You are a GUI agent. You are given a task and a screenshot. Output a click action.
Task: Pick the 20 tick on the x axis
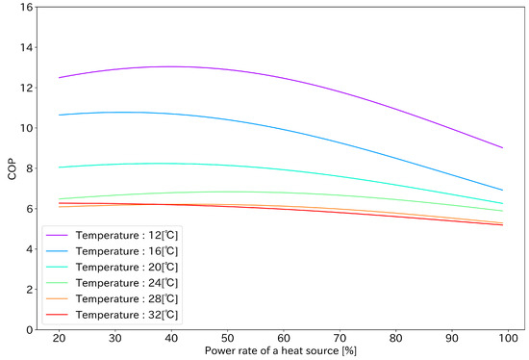tap(60, 340)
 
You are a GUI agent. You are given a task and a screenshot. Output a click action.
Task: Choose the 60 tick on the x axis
tap(284, 340)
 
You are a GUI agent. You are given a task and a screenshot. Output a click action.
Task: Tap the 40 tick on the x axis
tap(172, 340)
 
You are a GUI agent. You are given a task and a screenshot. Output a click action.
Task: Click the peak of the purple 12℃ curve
tap(172, 66)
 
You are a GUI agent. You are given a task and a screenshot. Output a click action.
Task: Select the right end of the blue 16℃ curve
tap(503, 190)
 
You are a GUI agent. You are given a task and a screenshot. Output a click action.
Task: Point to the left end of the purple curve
tap(60, 77)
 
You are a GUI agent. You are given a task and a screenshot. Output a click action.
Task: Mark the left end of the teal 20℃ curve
tap(60, 167)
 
